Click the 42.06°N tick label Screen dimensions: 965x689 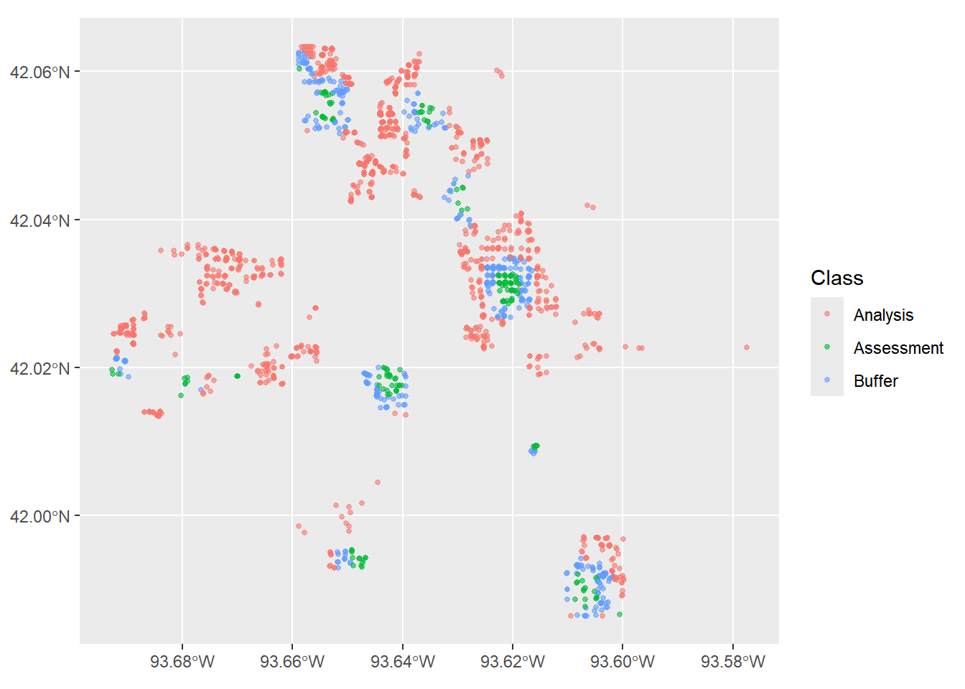click(x=39, y=72)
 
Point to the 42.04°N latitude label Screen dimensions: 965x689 click(x=39, y=221)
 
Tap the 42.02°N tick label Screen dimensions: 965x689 click(x=39, y=369)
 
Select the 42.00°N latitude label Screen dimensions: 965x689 click(x=39, y=516)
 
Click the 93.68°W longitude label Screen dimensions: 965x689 click(x=182, y=662)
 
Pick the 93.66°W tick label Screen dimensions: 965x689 click(x=292, y=662)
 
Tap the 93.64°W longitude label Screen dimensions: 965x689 click(x=403, y=662)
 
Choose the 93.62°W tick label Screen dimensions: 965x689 click(x=513, y=662)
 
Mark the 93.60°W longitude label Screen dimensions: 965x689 click(x=623, y=662)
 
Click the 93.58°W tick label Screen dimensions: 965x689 click(x=733, y=662)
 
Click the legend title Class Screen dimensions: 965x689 click(x=837, y=278)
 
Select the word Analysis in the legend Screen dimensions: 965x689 click(x=884, y=315)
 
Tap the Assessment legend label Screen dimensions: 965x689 click(x=899, y=348)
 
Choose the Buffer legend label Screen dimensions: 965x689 click(x=876, y=381)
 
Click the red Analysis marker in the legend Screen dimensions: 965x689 click(x=827, y=314)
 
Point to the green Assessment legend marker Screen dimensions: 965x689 click(x=827, y=347)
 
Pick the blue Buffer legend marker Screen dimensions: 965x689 click(x=827, y=380)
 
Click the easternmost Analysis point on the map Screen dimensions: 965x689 click(x=747, y=347)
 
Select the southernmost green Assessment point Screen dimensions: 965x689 click(x=620, y=614)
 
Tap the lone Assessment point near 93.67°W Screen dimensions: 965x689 click(x=238, y=376)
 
